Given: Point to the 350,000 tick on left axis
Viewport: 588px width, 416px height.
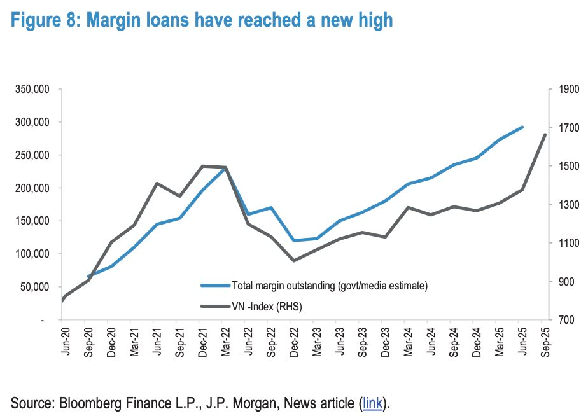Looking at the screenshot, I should [34, 89].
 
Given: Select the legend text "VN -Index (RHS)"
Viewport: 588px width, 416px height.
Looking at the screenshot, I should [267, 307].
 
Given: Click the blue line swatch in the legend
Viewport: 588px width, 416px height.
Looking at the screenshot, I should [215, 286].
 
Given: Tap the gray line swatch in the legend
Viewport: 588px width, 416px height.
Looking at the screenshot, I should [215, 307].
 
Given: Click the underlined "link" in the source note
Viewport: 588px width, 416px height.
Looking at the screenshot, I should [372, 402].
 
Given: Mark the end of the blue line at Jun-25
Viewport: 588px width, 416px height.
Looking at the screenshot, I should [522, 127].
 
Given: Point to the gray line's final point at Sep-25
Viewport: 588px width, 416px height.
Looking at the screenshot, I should [545, 134].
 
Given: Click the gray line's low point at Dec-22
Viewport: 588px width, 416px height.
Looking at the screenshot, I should [293, 261].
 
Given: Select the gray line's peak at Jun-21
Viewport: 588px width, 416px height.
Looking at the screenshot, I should [157, 183].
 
